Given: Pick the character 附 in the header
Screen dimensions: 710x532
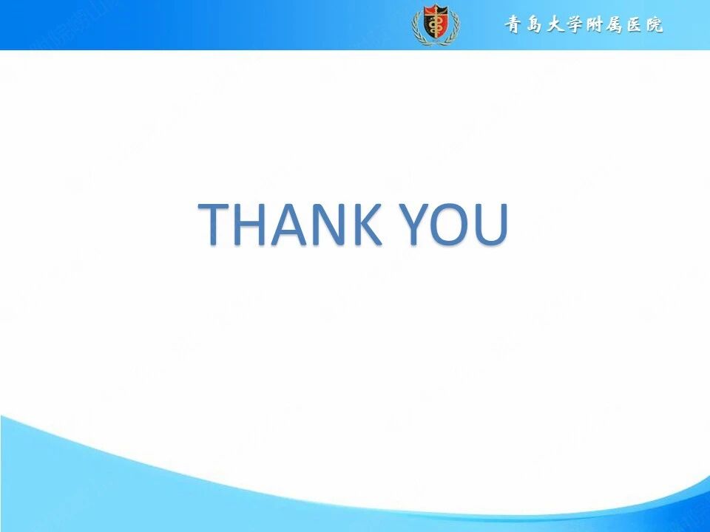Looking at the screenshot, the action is pyautogui.click(x=595, y=25).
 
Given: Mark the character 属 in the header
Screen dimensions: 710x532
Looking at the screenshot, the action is pyautogui.click(x=615, y=25).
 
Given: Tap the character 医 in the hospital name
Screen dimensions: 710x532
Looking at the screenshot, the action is pyautogui.click(x=635, y=25).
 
